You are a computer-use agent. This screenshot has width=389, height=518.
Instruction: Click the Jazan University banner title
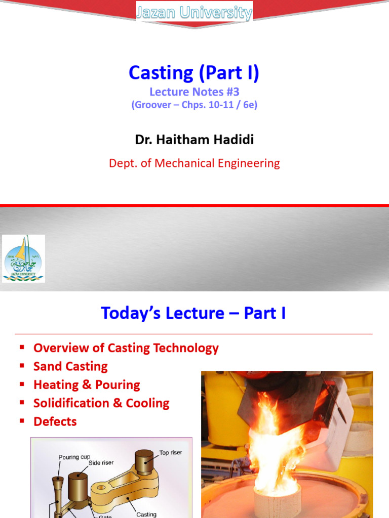tap(194, 13)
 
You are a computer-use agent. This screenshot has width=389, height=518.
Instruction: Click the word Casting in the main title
tap(161, 73)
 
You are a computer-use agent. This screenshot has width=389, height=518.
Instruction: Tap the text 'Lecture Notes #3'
tap(194, 92)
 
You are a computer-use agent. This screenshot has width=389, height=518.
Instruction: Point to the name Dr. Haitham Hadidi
tap(194, 140)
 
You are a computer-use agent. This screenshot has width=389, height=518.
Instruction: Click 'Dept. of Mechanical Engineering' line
tap(194, 163)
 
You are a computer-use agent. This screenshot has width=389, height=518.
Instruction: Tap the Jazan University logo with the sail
tap(23, 258)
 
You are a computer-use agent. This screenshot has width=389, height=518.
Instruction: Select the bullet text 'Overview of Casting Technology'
tap(126, 348)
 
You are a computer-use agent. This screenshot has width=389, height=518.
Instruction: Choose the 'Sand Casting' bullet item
tap(70, 366)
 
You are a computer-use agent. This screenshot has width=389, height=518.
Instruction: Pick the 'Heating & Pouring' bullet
tap(87, 384)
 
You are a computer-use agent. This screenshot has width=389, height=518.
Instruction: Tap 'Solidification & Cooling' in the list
tap(101, 403)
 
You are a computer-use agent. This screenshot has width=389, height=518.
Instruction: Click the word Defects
tap(55, 421)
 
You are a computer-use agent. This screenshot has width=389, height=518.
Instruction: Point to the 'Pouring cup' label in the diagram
tap(74, 457)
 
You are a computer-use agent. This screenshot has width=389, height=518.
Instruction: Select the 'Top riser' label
tap(171, 453)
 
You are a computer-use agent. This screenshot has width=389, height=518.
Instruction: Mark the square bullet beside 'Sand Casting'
tap(22, 366)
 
